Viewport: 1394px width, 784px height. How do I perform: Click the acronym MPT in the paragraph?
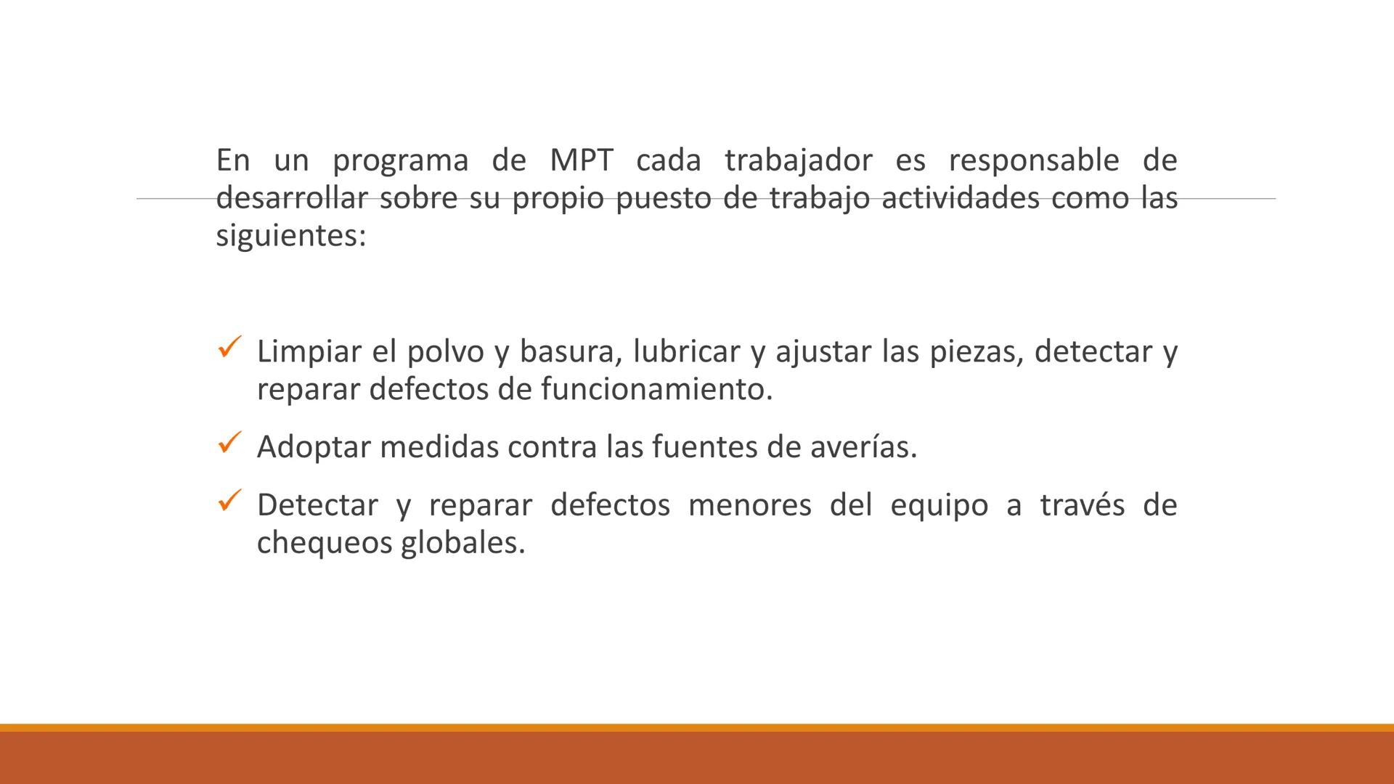[581, 160]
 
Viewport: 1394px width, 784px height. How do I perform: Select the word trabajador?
[798, 160]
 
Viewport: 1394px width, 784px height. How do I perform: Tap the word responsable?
[1034, 160]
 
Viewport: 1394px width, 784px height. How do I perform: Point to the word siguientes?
[291, 237]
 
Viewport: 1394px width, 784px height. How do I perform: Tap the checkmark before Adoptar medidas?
[229, 442]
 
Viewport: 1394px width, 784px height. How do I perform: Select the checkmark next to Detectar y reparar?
[229, 500]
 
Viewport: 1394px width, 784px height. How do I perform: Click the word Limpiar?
[309, 352]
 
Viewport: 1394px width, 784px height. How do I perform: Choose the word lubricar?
[686, 352]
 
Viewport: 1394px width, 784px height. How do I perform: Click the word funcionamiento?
[656, 390]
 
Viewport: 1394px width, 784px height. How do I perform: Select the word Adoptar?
[314, 447]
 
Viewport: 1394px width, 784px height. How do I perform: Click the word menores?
[749, 505]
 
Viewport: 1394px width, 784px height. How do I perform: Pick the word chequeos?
[324, 543]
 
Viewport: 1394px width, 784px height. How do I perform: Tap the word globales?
[462, 543]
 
